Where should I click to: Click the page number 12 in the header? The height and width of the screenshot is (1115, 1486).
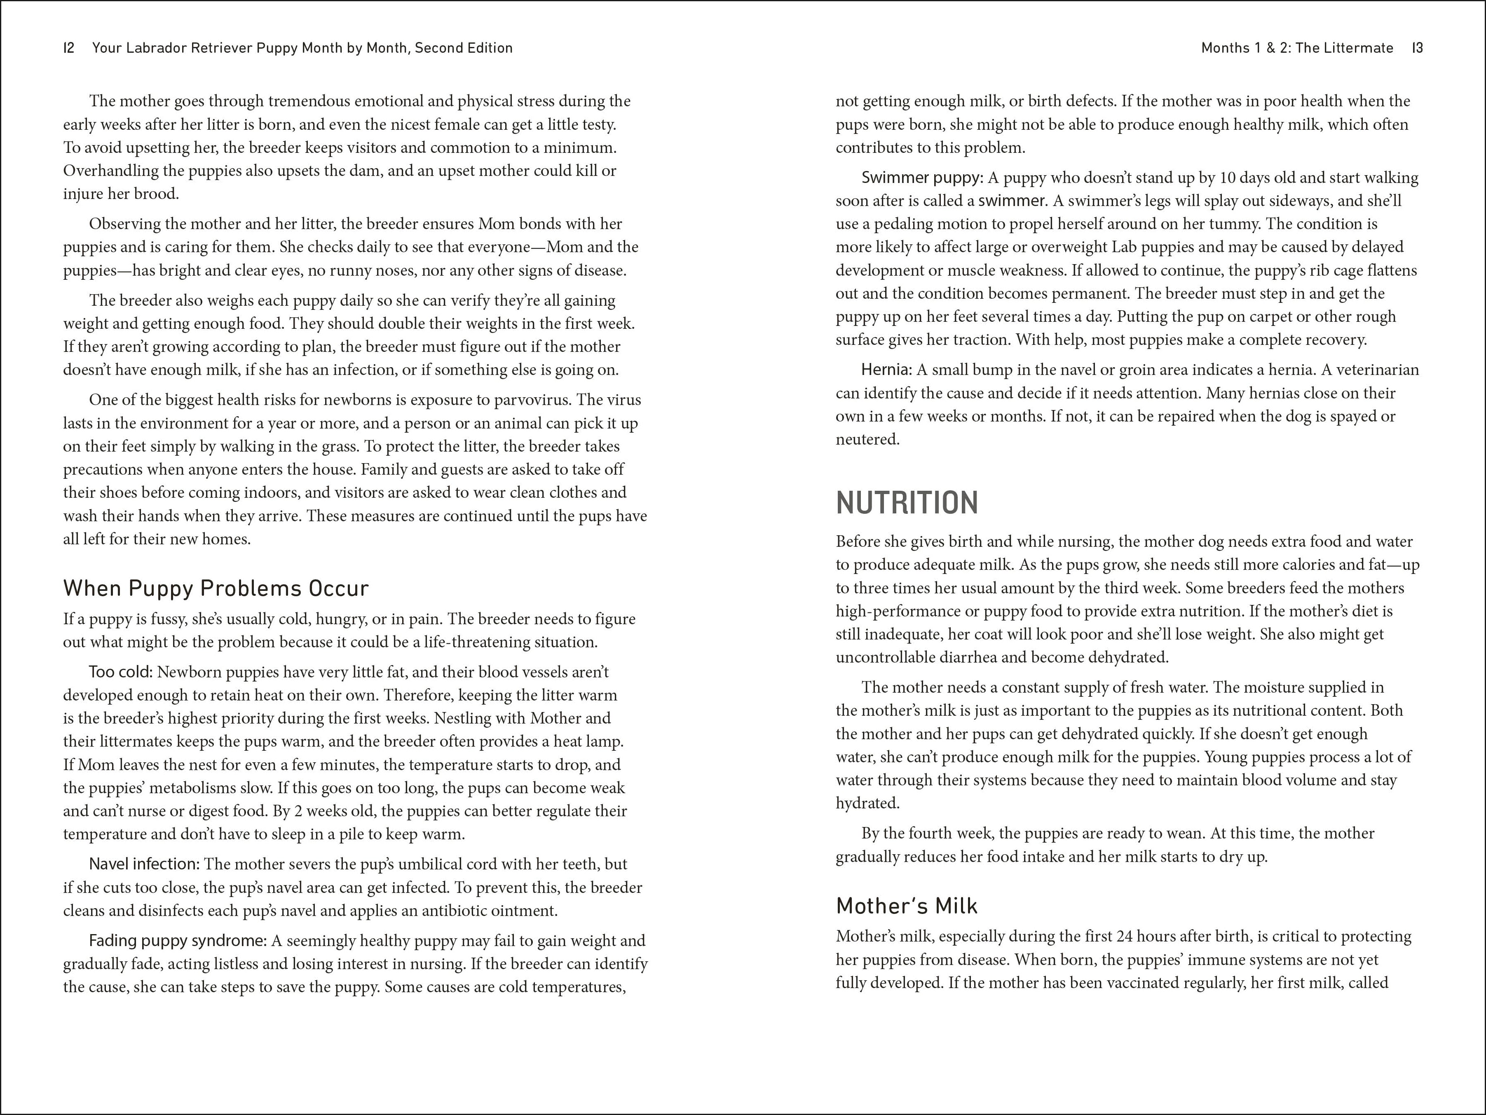(x=68, y=48)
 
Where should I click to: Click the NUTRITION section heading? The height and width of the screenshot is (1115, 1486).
(x=907, y=503)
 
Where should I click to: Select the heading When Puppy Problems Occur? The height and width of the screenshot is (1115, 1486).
(x=216, y=588)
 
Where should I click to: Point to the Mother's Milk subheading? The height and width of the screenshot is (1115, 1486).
(x=906, y=906)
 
